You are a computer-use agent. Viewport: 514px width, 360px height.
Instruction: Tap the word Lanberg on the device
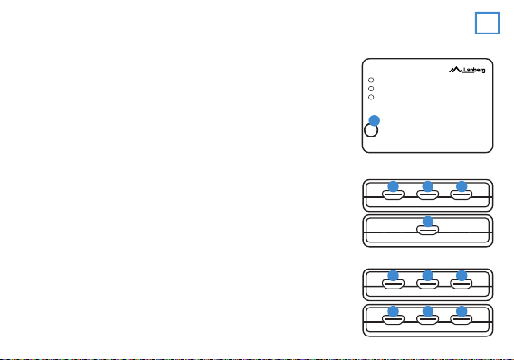pyautogui.click(x=474, y=70)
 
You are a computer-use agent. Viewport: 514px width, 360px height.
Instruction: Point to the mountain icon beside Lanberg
pyautogui.click(x=455, y=70)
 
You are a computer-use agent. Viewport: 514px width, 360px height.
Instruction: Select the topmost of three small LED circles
pyautogui.click(x=371, y=80)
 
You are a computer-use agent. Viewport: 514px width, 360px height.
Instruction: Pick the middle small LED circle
pyautogui.click(x=371, y=89)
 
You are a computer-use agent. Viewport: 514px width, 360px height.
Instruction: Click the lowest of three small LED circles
pyautogui.click(x=371, y=97)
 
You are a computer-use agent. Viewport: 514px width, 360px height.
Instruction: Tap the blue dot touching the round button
pyautogui.click(x=375, y=120)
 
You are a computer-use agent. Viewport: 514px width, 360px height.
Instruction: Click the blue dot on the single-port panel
pyautogui.click(x=428, y=222)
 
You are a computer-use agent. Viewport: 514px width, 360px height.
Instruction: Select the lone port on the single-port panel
pyautogui.click(x=428, y=231)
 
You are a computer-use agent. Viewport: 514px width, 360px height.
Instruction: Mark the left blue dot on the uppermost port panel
pyautogui.click(x=394, y=186)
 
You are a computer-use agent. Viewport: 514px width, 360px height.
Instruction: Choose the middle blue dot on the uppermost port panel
pyautogui.click(x=428, y=186)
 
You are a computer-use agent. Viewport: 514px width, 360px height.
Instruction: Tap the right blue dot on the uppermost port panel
pyautogui.click(x=462, y=186)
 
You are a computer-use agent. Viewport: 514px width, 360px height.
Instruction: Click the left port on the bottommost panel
pyautogui.click(x=394, y=319)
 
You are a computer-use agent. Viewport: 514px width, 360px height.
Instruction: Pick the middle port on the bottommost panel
pyautogui.click(x=428, y=319)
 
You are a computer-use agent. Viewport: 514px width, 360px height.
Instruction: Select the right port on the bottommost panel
pyautogui.click(x=462, y=319)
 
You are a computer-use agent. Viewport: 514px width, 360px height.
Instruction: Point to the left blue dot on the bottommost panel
pyautogui.click(x=394, y=311)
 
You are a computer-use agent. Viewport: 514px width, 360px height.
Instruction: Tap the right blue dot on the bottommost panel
pyautogui.click(x=462, y=311)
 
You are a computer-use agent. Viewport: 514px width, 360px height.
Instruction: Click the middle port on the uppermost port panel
pyautogui.click(x=428, y=194)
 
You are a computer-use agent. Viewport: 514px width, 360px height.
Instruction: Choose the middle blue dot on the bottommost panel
pyautogui.click(x=428, y=311)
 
